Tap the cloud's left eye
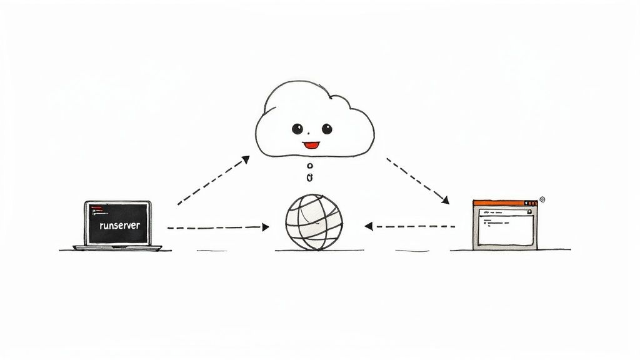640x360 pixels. click(x=297, y=129)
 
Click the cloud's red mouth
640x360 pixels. click(x=311, y=146)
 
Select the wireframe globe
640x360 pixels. click(x=314, y=222)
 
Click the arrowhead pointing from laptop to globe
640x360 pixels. click(x=266, y=227)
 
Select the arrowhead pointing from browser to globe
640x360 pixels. click(x=369, y=226)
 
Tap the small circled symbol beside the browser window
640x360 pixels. click(x=542, y=199)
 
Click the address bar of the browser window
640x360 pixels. click(x=503, y=212)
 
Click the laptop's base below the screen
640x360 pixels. click(x=118, y=247)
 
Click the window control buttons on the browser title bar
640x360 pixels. click(x=530, y=203)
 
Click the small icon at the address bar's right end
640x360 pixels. click(x=531, y=212)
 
